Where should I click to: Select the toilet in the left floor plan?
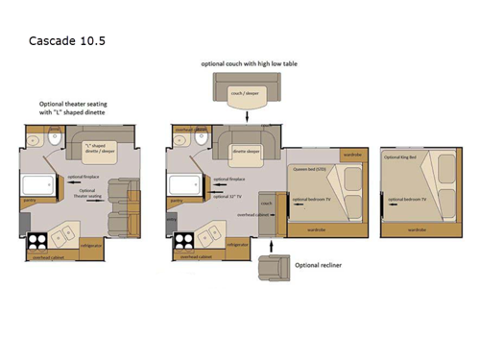pos(31,137)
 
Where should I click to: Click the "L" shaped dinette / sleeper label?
pos(100,149)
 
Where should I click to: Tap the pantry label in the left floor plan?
pos(29,202)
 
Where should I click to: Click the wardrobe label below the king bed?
pos(418,230)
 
